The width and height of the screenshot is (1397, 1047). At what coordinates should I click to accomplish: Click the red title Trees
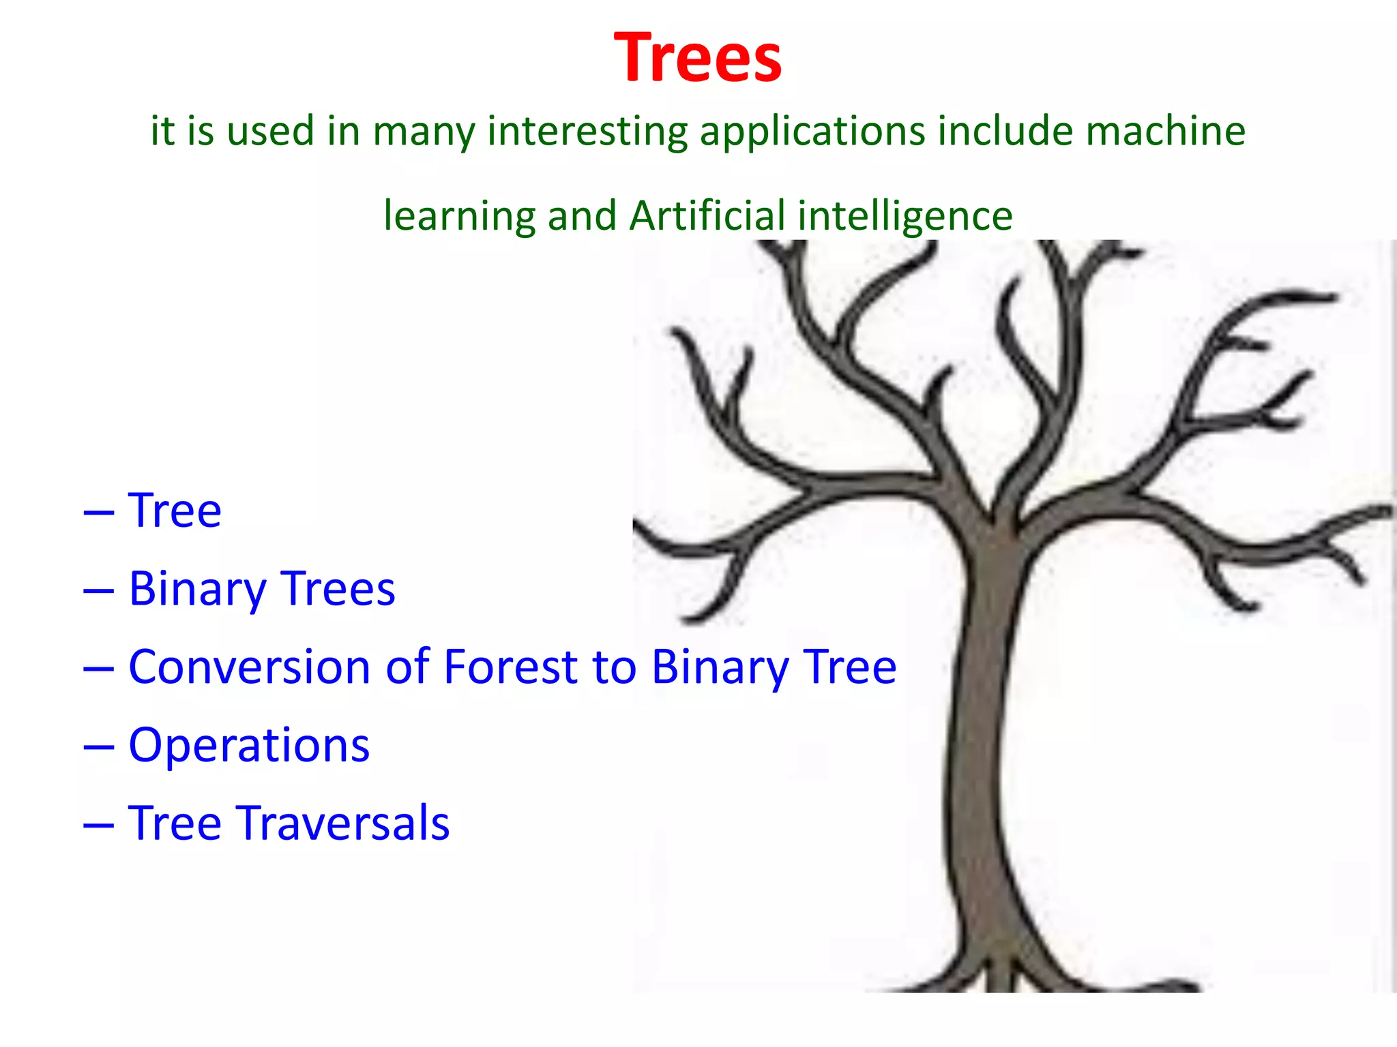[697, 59]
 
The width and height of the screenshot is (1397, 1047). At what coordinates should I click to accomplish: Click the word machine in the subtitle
[1165, 131]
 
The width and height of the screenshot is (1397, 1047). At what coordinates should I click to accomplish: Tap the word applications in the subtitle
[811, 131]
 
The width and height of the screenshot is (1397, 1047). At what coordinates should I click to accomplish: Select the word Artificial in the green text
[707, 215]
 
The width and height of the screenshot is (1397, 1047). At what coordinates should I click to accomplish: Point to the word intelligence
[905, 217]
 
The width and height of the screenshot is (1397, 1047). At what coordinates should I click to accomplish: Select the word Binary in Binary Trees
[197, 590]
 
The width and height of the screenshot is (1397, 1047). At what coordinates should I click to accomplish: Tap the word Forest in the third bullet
[511, 667]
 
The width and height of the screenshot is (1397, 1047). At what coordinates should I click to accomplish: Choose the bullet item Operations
[249, 745]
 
